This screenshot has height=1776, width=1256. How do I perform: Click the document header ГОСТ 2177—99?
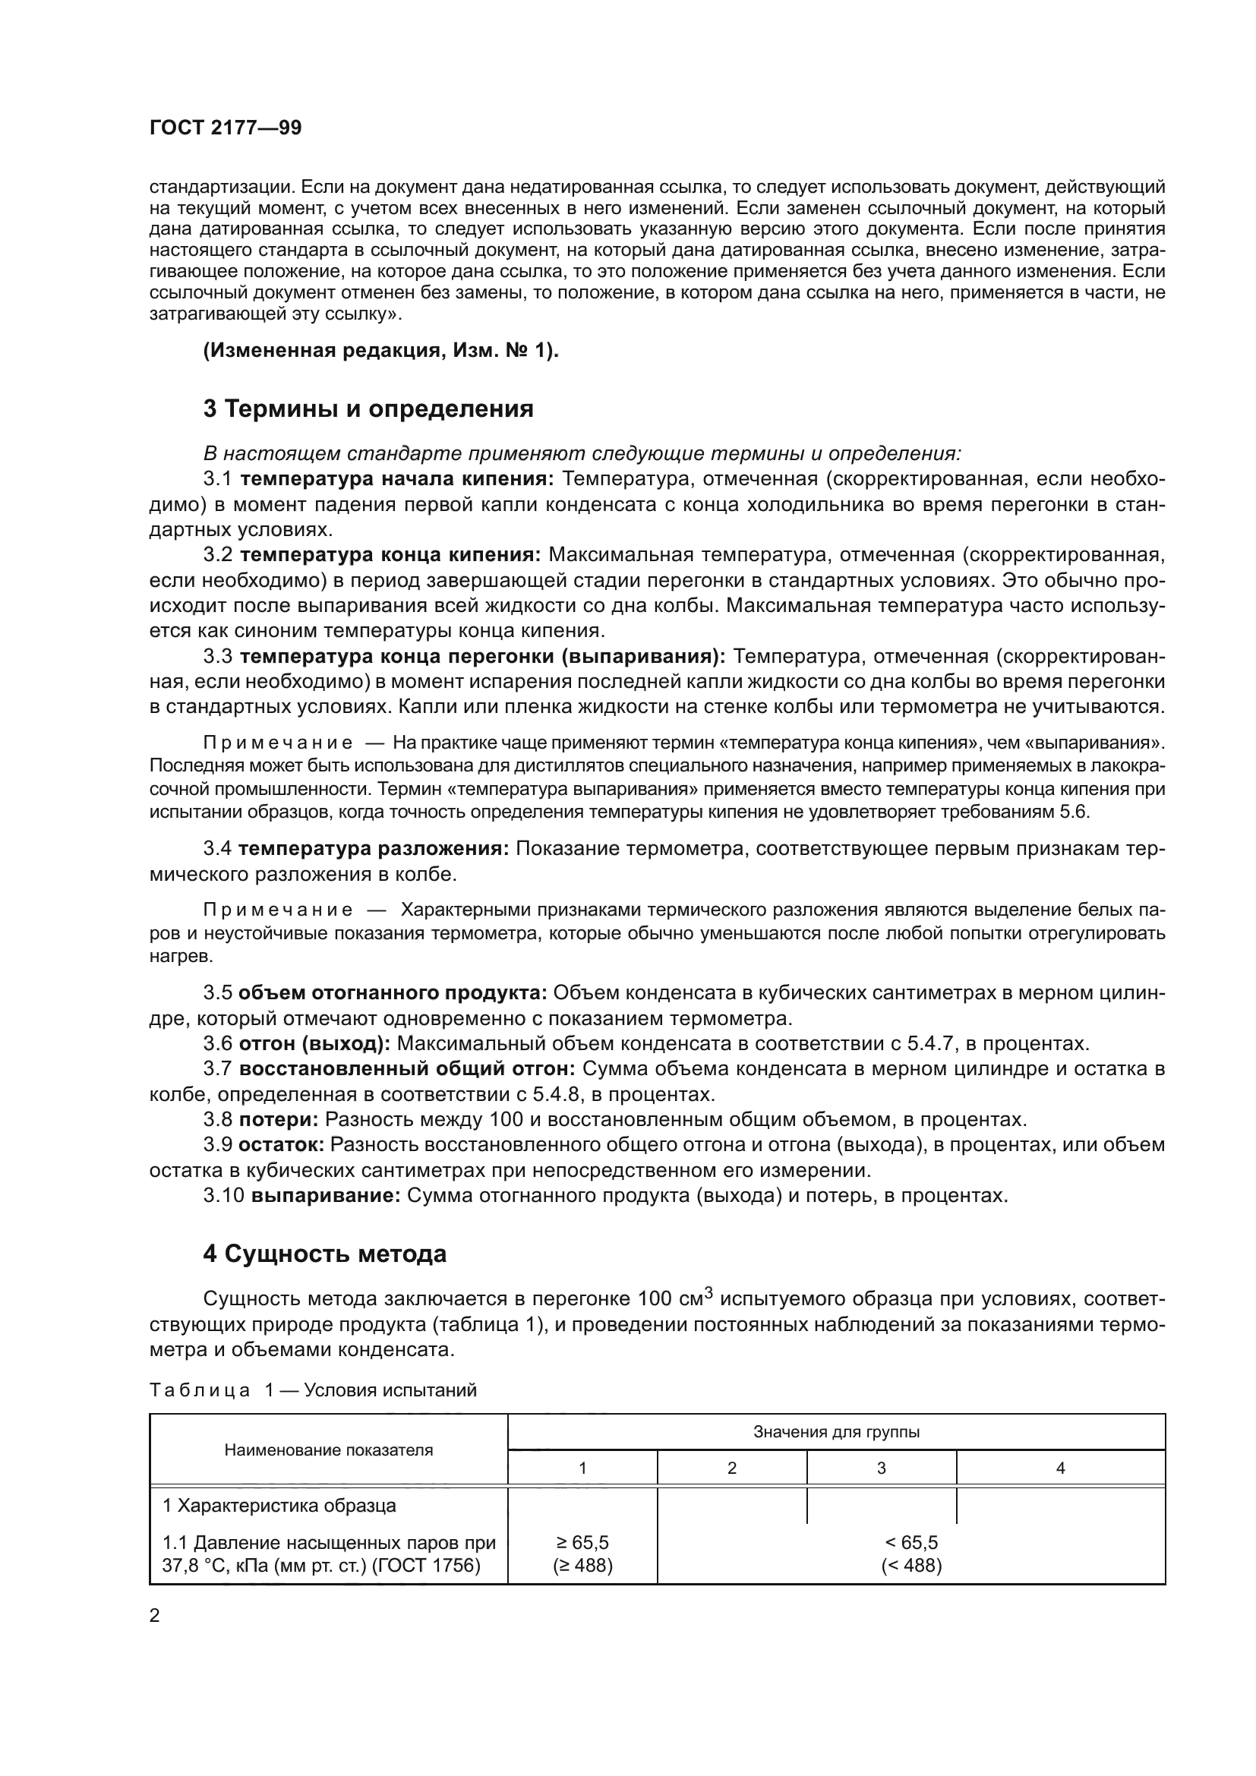pos(225,128)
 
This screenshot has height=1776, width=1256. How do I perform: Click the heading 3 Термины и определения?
pos(368,409)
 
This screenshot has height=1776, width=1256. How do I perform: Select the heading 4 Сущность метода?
pos(325,1254)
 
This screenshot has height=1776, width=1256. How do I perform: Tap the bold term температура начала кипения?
pos(396,479)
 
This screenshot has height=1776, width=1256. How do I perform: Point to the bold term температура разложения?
pos(373,849)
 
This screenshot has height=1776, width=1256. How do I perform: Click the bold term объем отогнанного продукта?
pos(393,992)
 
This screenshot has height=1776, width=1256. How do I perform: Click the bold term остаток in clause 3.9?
pos(281,1144)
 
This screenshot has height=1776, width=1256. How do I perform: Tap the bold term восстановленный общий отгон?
pos(407,1068)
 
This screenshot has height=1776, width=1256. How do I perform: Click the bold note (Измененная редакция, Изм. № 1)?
pos(380,350)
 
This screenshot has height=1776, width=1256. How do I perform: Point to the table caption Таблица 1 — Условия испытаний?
pos(312,1390)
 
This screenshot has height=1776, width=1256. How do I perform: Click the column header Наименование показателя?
pos(329,1450)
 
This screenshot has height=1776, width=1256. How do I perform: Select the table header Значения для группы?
pos(836,1432)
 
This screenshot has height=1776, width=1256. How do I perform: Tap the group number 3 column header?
pos(881,1468)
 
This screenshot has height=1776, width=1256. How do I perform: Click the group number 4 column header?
pos(1060,1468)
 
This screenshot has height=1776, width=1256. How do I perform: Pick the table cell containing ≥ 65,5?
pos(582,1542)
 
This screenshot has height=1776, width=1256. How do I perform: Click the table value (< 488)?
pos(911,1566)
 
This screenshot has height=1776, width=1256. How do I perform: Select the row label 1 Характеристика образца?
pos(279,1506)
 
